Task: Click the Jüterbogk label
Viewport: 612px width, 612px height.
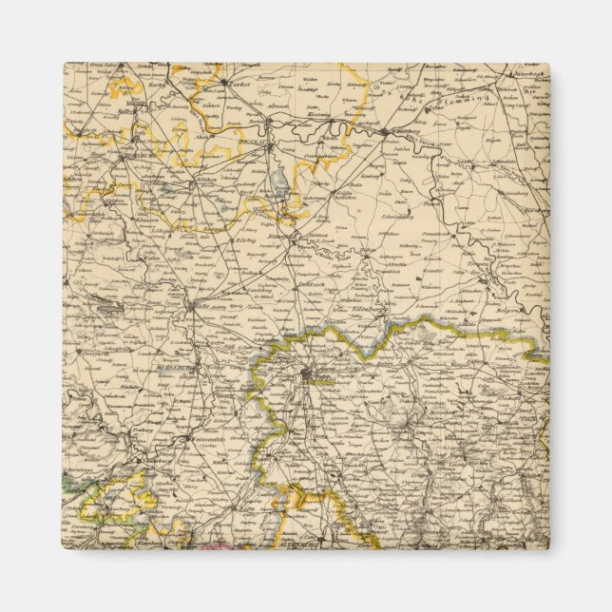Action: coord(525,72)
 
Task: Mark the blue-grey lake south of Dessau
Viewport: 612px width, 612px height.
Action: coord(278,180)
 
